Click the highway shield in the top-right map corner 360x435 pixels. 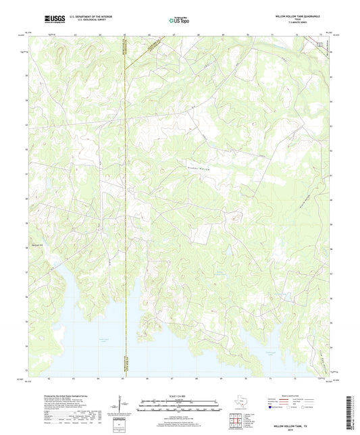pos(322,44)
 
